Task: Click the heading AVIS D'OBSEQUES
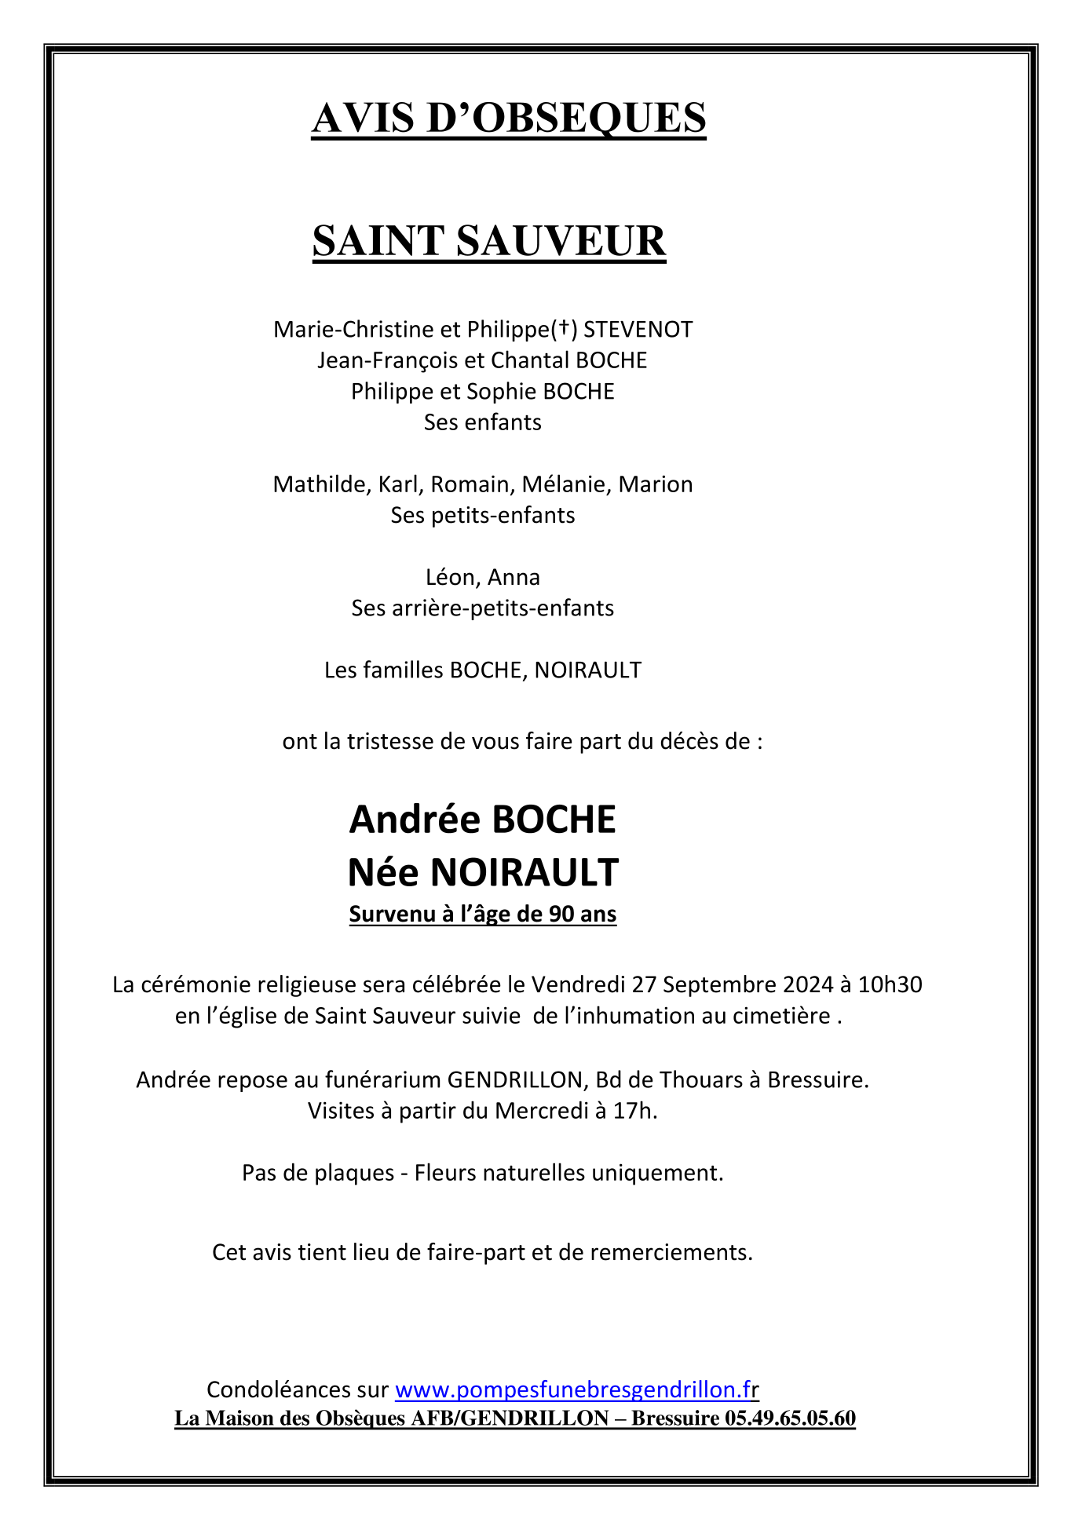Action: point(509,119)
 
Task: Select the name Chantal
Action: point(530,360)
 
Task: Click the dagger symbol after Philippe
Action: point(563,330)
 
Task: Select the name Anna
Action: point(514,578)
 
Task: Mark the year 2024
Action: point(806,984)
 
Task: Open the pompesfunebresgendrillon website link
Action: point(575,1390)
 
